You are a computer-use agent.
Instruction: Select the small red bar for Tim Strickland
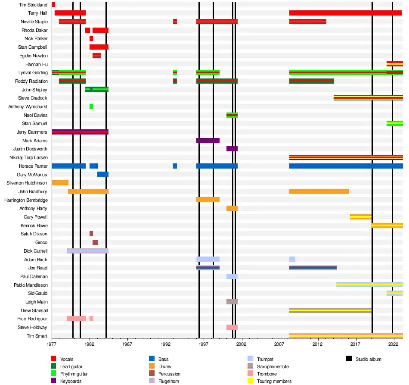click(53, 5)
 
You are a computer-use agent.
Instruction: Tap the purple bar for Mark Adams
click(208, 141)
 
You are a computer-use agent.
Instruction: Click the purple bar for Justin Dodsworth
click(232, 149)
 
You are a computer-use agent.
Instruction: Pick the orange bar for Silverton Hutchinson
click(60, 183)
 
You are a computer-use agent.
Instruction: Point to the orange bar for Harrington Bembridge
click(208, 200)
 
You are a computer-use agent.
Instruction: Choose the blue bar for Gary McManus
click(102, 175)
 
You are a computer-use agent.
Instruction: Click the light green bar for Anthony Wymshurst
click(91, 106)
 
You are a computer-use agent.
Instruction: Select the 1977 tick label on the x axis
click(52, 345)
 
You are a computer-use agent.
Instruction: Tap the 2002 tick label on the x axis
click(241, 345)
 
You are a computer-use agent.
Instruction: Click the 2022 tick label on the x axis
click(393, 345)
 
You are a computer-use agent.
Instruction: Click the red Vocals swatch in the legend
click(53, 359)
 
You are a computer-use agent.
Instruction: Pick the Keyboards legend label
click(71, 381)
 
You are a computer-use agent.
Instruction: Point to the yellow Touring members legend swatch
click(250, 381)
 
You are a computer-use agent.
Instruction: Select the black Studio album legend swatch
click(349, 359)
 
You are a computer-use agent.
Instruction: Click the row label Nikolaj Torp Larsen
click(28, 158)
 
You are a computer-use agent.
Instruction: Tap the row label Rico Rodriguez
click(33, 319)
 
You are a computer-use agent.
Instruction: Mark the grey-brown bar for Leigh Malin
click(232, 302)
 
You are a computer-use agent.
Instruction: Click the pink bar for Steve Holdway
click(232, 327)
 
